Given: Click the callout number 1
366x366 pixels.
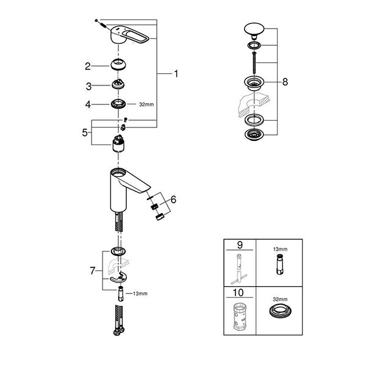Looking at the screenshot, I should (176, 74).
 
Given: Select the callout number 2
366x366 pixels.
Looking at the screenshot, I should (88, 66).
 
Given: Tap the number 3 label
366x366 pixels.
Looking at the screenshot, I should (88, 85).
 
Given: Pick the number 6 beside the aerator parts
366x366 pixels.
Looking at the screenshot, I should (173, 199).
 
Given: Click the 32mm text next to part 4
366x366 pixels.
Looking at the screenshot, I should (146, 105).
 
